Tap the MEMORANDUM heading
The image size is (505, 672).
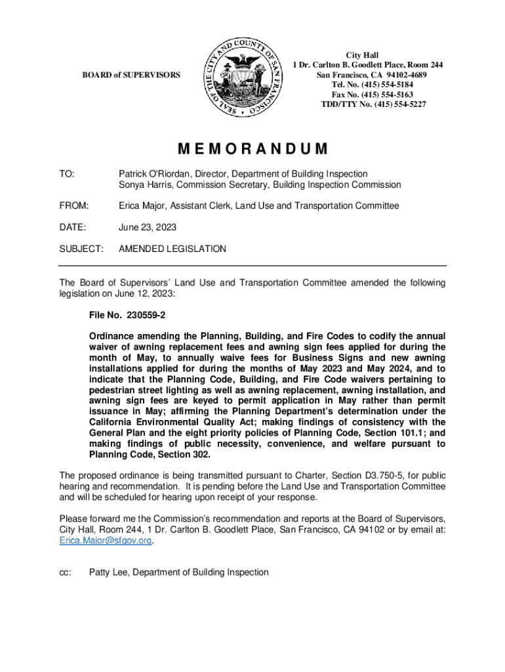(252, 149)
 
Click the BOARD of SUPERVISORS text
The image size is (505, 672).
(131, 75)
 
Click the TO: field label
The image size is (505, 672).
(66, 174)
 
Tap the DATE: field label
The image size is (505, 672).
(71, 228)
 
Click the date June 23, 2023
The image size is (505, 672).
(147, 228)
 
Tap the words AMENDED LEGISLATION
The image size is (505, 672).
(172, 249)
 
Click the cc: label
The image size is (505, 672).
(65, 572)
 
